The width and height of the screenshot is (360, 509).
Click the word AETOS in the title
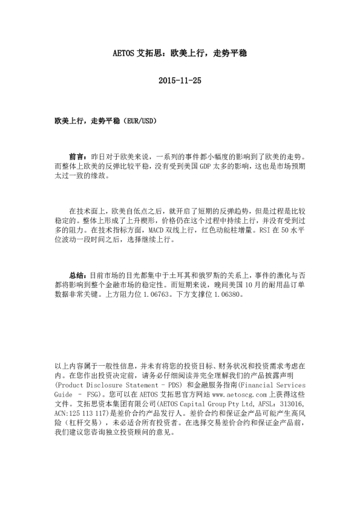125,53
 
